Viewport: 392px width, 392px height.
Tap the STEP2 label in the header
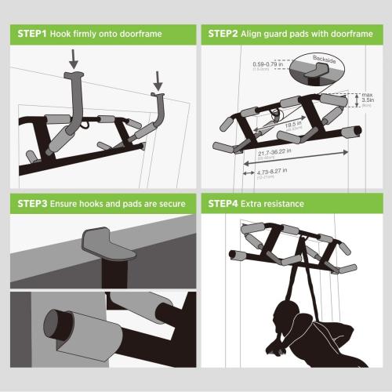226,34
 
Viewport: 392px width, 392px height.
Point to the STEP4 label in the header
226,204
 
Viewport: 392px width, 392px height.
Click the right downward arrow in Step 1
158,79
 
